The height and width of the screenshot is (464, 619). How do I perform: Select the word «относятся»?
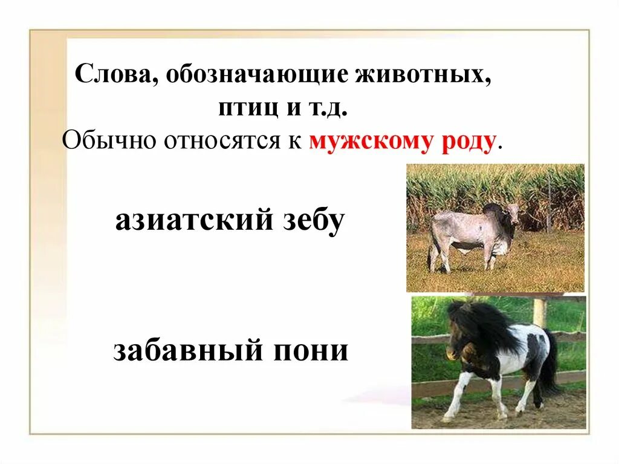(216, 143)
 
